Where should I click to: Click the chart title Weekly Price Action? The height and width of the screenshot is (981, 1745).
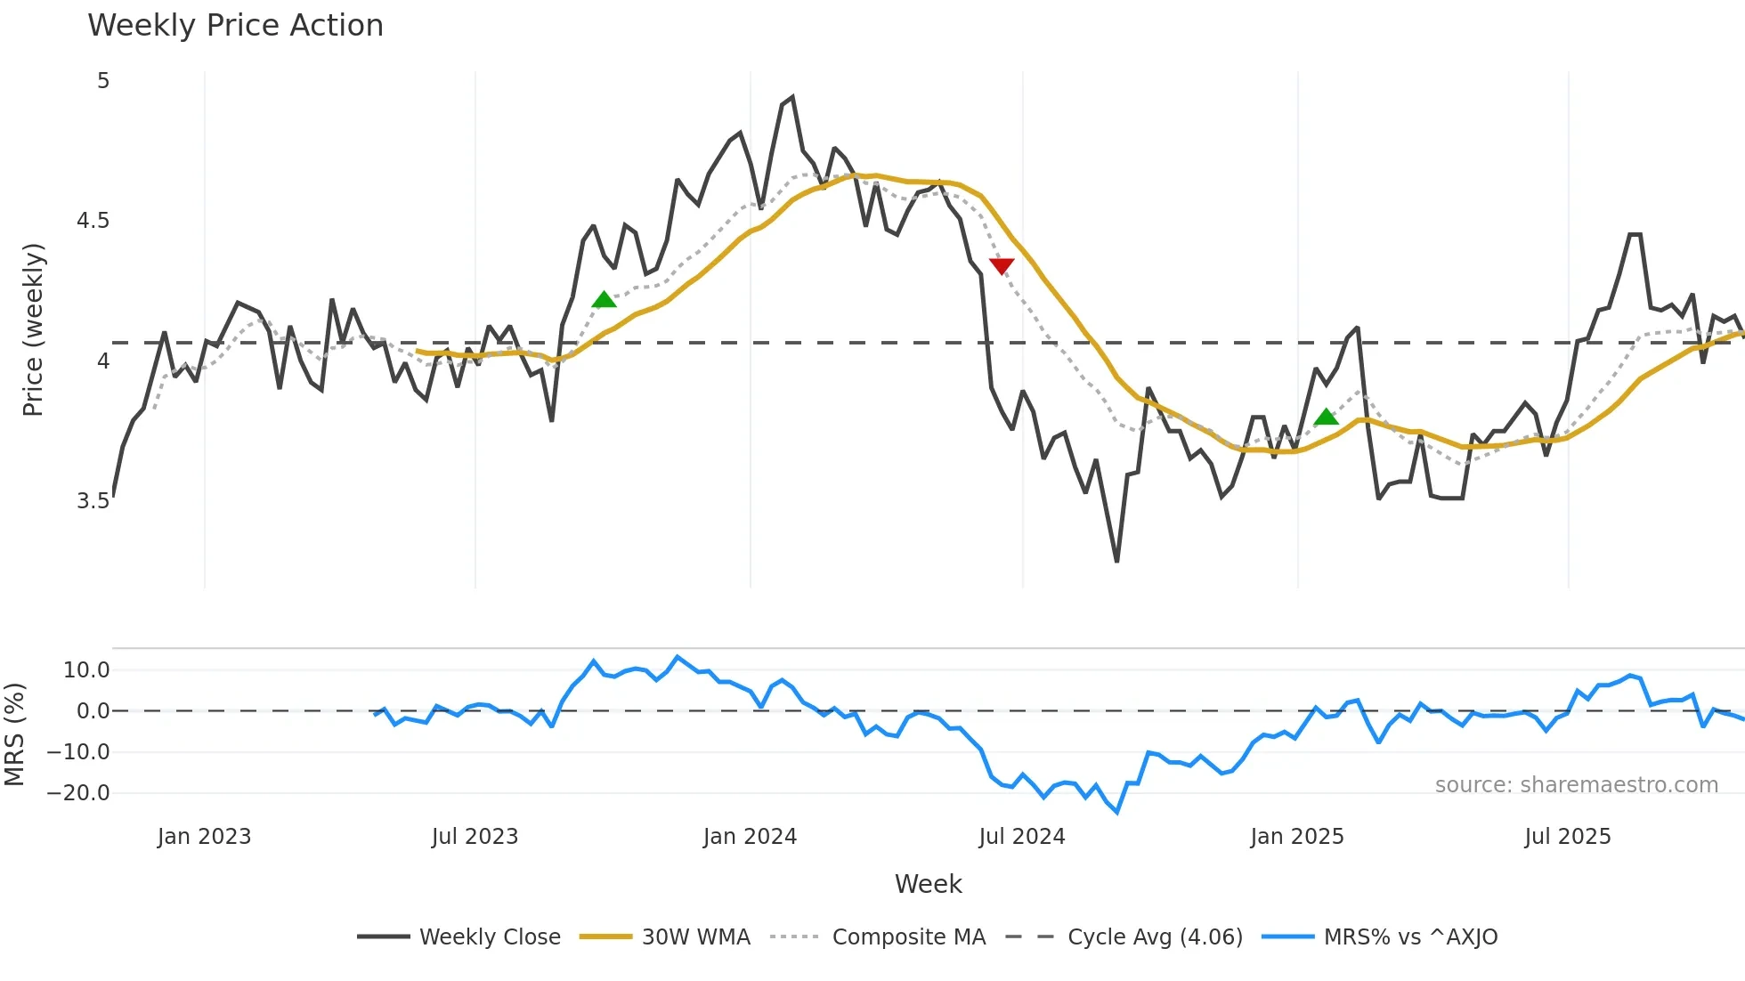tap(235, 26)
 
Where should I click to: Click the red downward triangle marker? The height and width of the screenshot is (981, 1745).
tap(1002, 265)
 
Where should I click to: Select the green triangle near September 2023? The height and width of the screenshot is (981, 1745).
tap(604, 300)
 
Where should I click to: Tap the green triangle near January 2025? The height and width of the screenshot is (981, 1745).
tap(1326, 417)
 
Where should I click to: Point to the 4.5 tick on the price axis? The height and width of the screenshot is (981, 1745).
tap(93, 221)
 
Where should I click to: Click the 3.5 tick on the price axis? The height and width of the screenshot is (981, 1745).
tap(93, 500)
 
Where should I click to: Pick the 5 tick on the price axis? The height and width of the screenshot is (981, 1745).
tap(103, 81)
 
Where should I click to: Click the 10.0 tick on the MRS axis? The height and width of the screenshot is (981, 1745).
tap(86, 669)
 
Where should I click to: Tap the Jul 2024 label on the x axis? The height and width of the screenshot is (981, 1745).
tap(1021, 837)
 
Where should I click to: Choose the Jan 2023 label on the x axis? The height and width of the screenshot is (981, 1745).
tap(204, 837)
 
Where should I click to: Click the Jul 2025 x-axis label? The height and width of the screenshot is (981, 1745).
tap(1567, 837)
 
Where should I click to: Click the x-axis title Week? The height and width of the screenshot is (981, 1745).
tap(928, 884)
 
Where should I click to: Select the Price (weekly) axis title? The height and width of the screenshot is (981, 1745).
tap(33, 329)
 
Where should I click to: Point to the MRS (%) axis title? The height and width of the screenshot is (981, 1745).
tap(14, 734)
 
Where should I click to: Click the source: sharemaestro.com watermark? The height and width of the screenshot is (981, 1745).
tap(1576, 784)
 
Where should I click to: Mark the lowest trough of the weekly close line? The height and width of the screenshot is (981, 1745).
tap(1116, 561)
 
